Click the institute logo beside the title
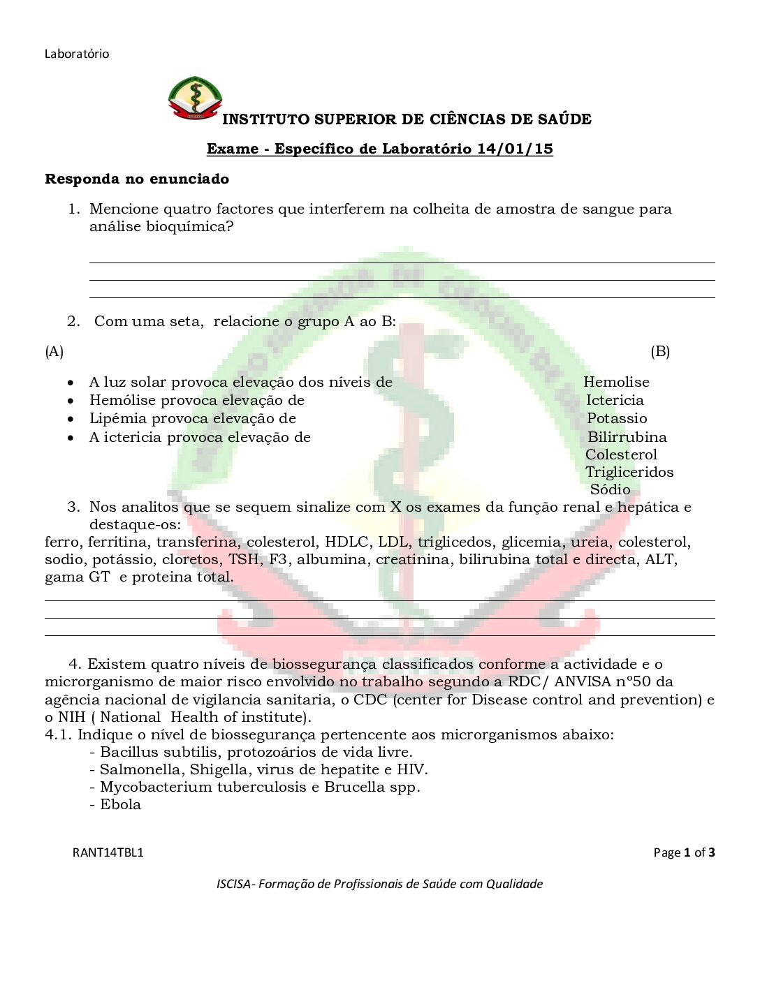click(x=195, y=98)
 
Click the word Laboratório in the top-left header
click(x=77, y=54)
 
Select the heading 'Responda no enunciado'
click(x=137, y=179)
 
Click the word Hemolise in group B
click(x=616, y=382)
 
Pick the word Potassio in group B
click(x=617, y=418)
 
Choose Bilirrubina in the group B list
click(x=627, y=437)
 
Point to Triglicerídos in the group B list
click(x=629, y=472)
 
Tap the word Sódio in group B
click(x=610, y=489)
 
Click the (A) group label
click(x=54, y=351)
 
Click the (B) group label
click(x=660, y=351)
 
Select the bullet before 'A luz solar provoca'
click(x=71, y=383)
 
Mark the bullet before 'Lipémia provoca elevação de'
click(x=71, y=419)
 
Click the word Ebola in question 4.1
click(x=120, y=804)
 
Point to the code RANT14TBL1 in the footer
click(x=108, y=852)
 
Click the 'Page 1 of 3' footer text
click(x=684, y=852)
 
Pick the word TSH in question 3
click(x=243, y=559)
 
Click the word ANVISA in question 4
click(x=583, y=681)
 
